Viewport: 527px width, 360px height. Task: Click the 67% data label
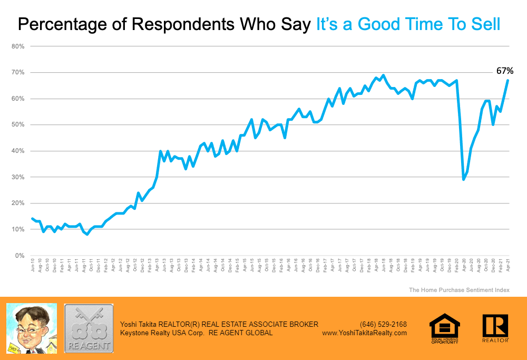[504, 71]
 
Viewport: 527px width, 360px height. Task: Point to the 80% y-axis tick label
[18, 46]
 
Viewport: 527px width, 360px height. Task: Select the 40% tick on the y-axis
[18, 151]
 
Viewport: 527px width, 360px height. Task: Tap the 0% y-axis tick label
[20, 256]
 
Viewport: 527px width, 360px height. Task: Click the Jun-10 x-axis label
[33, 266]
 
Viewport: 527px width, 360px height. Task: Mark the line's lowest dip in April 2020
[463, 179]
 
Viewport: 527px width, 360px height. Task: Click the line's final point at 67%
[508, 80]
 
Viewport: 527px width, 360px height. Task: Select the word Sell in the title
[483, 24]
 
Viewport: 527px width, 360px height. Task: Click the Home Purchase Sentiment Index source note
[459, 290]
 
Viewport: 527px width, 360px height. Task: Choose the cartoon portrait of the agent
[31, 328]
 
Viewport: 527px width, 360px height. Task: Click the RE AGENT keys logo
[89, 328]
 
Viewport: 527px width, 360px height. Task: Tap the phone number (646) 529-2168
[383, 324]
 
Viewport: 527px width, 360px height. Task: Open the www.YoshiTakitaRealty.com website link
[364, 333]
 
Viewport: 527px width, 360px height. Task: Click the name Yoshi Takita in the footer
[139, 324]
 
